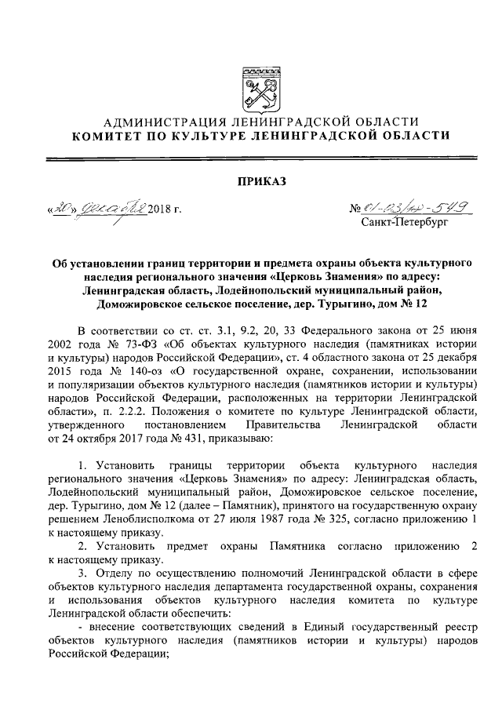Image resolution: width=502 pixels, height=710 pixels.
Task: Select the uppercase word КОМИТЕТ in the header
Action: [x=107, y=136]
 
